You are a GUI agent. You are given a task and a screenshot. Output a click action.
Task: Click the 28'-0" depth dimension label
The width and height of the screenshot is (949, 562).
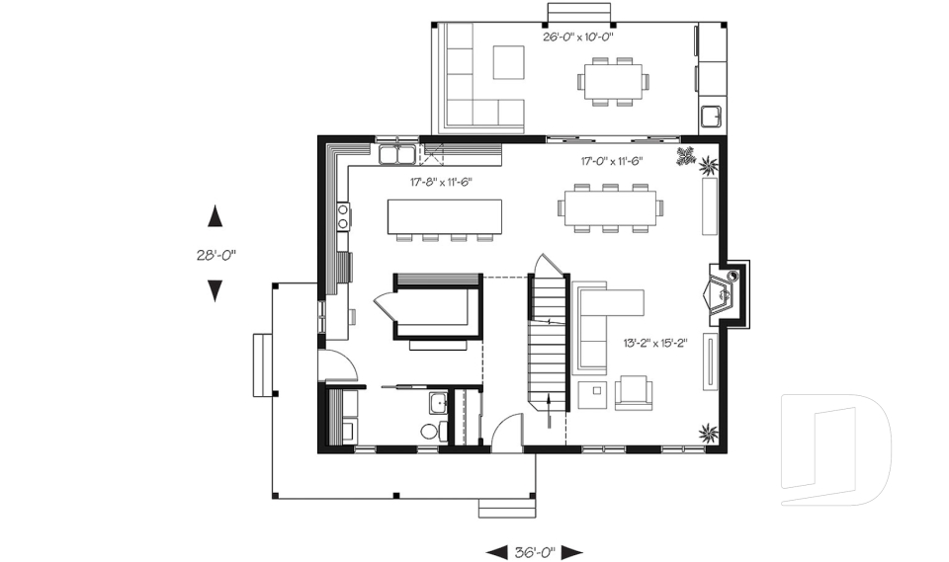pyautogui.click(x=216, y=255)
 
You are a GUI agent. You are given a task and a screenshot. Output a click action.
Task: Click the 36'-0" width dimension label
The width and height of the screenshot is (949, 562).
pyautogui.click(x=535, y=552)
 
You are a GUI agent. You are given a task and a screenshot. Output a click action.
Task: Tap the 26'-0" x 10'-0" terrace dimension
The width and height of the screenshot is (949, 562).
pyautogui.click(x=578, y=37)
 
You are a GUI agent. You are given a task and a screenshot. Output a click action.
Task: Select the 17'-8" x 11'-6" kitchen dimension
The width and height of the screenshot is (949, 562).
pyautogui.click(x=441, y=182)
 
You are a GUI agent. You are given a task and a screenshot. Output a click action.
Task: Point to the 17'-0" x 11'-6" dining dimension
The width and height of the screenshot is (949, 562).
pyautogui.click(x=611, y=161)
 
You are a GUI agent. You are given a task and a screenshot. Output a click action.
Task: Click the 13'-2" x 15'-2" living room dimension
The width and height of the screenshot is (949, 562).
pyautogui.click(x=655, y=344)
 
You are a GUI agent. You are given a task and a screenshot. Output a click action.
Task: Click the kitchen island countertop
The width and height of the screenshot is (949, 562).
pyautogui.click(x=445, y=216)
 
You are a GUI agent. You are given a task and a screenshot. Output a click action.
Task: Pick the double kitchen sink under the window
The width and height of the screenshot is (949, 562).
pyautogui.click(x=397, y=154)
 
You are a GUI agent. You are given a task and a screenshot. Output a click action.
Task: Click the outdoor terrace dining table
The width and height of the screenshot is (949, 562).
pyautogui.click(x=613, y=82)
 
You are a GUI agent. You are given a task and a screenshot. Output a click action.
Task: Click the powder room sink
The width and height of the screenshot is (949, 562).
pyautogui.click(x=438, y=403)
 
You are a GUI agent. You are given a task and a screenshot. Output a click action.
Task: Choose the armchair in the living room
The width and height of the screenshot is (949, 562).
pyautogui.click(x=634, y=393)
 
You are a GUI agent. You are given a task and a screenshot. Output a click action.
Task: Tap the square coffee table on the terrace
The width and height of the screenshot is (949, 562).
pyautogui.click(x=508, y=62)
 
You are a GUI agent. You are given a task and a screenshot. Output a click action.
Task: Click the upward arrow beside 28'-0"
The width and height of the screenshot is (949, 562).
pyautogui.click(x=215, y=216)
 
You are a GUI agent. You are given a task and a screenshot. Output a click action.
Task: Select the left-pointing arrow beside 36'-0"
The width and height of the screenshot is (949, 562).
pyautogui.click(x=497, y=552)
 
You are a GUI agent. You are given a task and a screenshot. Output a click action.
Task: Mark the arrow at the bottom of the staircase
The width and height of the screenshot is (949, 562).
pyautogui.click(x=549, y=410)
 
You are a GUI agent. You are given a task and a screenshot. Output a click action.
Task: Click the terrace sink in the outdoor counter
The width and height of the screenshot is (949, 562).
pyautogui.click(x=711, y=116)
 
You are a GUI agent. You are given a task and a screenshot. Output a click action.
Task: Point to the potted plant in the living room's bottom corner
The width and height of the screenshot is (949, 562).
pyautogui.click(x=708, y=434)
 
